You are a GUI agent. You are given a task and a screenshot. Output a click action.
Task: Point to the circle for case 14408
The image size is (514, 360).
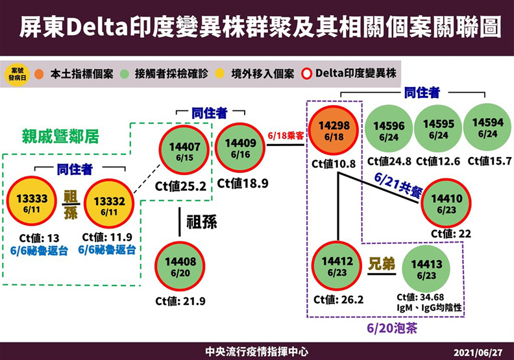point(180,266)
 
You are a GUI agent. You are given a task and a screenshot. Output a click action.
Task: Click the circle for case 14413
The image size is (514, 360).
point(426,269)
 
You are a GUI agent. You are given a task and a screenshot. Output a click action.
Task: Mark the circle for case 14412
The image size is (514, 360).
point(337,266)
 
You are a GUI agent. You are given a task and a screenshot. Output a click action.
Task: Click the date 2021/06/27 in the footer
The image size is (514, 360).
point(480,352)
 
